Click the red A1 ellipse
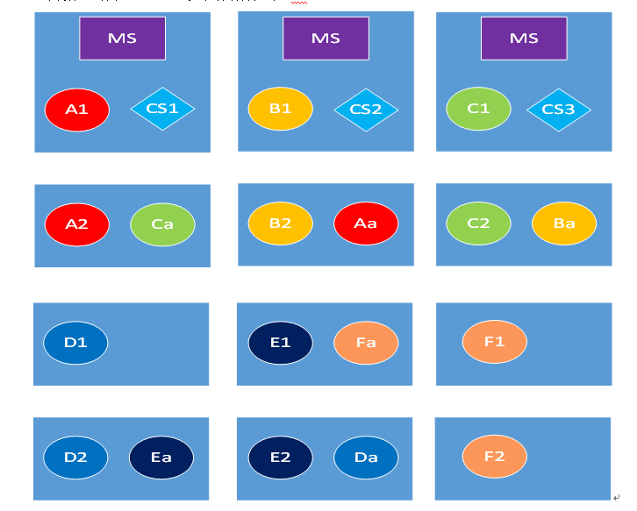[77, 110]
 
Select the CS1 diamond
[162, 109]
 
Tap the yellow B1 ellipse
[280, 109]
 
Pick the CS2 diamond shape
[366, 110]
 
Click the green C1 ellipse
[478, 109]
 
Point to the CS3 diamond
[558, 110]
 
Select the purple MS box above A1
[122, 39]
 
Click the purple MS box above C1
[524, 39]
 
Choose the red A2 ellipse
[77, 224]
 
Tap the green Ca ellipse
[162, 224]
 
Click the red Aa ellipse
[366, 224]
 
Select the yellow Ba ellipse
[564, 224]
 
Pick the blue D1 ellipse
[75, 343]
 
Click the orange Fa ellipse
[366, 343]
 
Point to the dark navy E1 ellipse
[280, 343]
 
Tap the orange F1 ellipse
[495, 342]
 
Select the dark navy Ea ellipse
[161, 458]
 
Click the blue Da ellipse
[366, 458]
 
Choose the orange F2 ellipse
[495, 457]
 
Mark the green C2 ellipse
[478, 224]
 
